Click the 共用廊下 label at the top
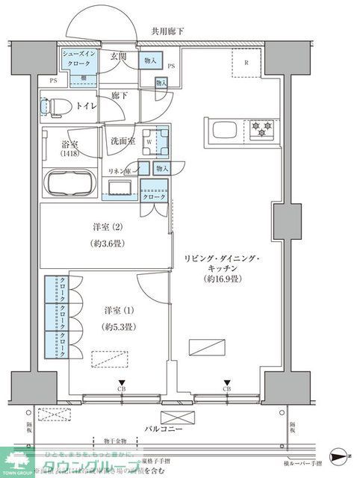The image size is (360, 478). point(168,31)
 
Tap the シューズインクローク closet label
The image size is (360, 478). point(78,60)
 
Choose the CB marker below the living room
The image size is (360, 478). point(226,389)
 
